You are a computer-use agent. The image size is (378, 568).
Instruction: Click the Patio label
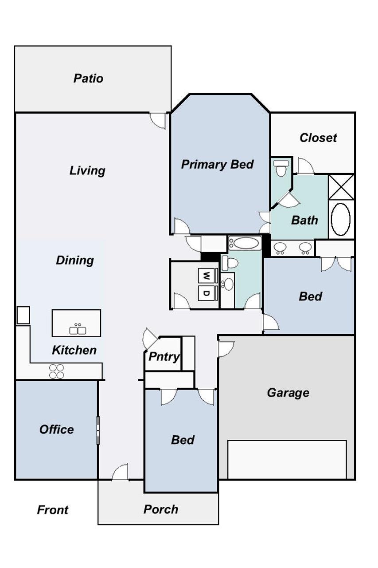click(88, 79)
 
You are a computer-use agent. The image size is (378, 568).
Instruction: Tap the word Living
click(87, 171)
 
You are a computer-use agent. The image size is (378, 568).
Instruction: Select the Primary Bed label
click(217, 164)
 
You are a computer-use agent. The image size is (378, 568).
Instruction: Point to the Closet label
click(318, 138)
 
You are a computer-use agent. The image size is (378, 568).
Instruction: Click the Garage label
click(288, 393)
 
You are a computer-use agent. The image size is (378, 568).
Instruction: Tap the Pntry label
click(164, 357)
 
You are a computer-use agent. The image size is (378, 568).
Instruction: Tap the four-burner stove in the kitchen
click(56, 371)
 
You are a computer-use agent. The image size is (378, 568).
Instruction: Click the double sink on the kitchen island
click(78, 330)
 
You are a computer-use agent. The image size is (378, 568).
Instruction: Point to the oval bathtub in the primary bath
click(341, 219)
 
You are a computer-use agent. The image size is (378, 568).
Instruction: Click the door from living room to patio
click(158, 121)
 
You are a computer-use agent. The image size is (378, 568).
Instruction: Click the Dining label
click(75, 260)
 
